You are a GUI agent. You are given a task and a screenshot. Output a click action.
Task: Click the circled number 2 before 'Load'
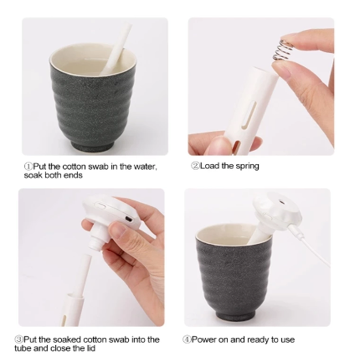pos(195,166)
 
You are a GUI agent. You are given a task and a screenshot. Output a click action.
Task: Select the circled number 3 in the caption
pos(18,339)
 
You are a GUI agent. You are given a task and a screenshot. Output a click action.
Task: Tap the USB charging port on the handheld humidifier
pos(129,219)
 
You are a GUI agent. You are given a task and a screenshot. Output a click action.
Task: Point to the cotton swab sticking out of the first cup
pos(117,48)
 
